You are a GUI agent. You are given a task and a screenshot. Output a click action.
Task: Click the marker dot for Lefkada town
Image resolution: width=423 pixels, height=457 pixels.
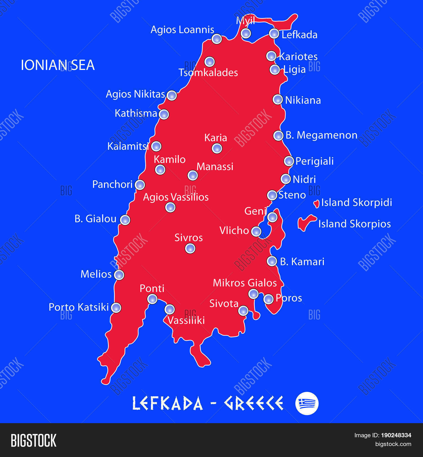[274, 34]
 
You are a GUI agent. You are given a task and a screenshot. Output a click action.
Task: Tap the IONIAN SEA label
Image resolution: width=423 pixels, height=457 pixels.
[58, 65]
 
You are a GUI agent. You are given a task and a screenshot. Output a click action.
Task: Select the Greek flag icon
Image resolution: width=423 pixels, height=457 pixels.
[307, 403]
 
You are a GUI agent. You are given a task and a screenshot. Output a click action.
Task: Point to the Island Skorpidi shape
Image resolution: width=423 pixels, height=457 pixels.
[317, 203]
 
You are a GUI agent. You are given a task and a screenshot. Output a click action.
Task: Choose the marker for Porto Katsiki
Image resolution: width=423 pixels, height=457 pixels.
[116, 308]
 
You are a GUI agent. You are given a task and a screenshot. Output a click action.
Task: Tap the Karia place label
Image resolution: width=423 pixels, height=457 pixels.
[215, 138]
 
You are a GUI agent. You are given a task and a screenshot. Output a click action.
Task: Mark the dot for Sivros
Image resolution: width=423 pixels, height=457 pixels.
[190, 249]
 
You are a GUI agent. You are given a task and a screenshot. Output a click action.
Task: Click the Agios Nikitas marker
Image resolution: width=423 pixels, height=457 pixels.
[171, 95]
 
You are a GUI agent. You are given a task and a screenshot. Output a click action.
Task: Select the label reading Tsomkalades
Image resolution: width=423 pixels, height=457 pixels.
[208, 72]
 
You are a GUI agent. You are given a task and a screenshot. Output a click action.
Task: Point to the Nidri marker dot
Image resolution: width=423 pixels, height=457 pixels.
[286, 179]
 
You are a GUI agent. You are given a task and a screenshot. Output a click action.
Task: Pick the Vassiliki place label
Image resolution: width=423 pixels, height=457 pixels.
[186, 320]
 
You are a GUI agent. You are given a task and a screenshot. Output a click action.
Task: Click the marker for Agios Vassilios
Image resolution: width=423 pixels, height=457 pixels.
[170, 207]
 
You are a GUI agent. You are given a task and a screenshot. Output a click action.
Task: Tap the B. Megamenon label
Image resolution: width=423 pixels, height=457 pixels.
[321, 135]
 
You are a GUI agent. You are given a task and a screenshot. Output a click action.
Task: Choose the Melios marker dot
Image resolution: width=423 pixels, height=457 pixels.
[119, 275]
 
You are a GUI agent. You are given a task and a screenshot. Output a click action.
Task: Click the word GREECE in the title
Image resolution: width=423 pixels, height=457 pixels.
[254, 403]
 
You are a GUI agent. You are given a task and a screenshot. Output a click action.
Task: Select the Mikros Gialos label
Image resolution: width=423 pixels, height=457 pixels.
[245, 283]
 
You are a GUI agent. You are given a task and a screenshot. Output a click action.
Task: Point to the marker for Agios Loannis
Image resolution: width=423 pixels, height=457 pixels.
[217, 39]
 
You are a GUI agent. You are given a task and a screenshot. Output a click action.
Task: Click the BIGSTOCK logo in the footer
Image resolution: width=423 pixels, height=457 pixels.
[34, 440]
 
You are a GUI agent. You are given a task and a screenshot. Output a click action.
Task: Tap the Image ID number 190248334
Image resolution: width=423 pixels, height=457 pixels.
[396, 435]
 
